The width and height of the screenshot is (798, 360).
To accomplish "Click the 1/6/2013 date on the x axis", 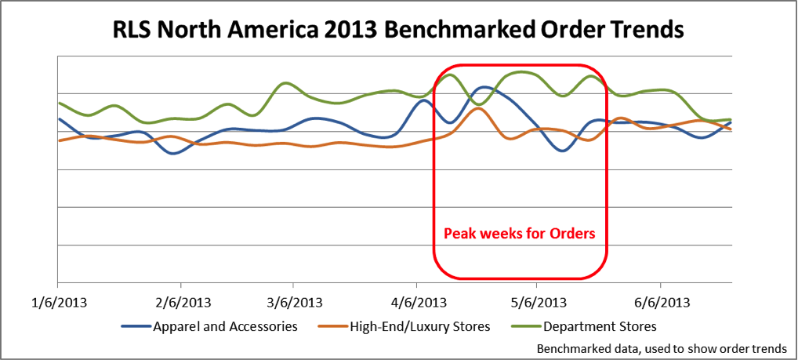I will tap(57, 303).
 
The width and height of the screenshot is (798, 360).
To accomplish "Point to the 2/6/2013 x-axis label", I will tap(180, 303).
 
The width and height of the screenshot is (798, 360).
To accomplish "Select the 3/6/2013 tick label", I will tap(293, 303).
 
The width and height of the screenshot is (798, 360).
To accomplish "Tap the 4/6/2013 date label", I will tap(416, 303).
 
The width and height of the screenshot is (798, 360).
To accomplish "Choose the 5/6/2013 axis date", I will tap(535, 303).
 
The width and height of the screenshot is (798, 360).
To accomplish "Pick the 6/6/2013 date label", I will tap(661, 303).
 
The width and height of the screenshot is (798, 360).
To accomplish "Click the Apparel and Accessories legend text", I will tap(225, 326).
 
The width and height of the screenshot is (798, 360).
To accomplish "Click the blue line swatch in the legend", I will tap(135, 326).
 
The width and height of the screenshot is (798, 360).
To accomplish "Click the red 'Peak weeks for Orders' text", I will tap(520, 234).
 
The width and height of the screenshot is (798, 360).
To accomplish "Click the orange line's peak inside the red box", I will tap(477, 108).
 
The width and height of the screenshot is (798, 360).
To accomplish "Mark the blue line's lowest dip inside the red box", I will tap(561, 151).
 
